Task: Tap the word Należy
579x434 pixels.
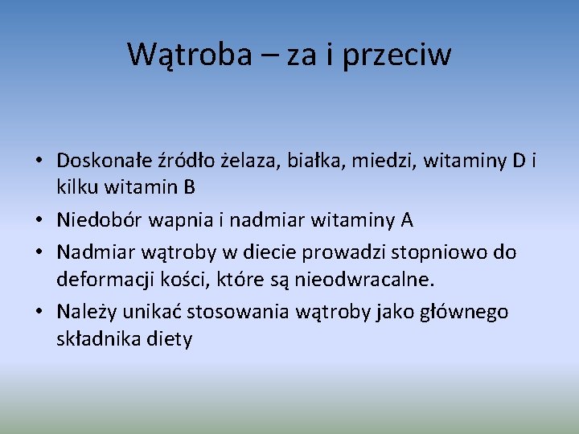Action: point(88,312)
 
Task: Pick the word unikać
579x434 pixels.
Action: point(154,312)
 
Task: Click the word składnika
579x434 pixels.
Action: point(96,339)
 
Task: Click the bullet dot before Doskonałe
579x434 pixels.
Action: point(39,162)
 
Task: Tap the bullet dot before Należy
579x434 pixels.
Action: point(39,313)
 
